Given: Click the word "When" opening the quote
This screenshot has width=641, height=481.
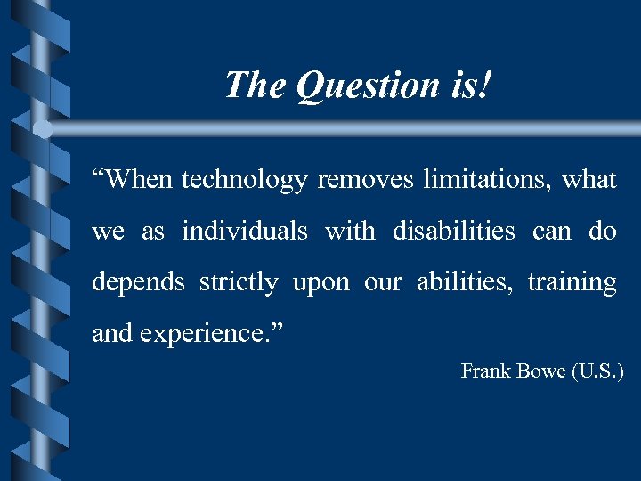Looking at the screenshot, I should [133, 180].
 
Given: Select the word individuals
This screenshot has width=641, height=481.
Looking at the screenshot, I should [245, 232].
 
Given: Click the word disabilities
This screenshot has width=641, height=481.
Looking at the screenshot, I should [454, 232].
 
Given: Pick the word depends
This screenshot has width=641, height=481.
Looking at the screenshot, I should [138, 283].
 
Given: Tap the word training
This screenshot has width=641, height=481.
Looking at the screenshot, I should [572, 283].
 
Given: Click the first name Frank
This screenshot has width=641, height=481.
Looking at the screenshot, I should [483, 371].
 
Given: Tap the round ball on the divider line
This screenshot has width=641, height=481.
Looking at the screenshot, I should [43, 129].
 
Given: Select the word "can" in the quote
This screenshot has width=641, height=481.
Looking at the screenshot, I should [551, 232].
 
